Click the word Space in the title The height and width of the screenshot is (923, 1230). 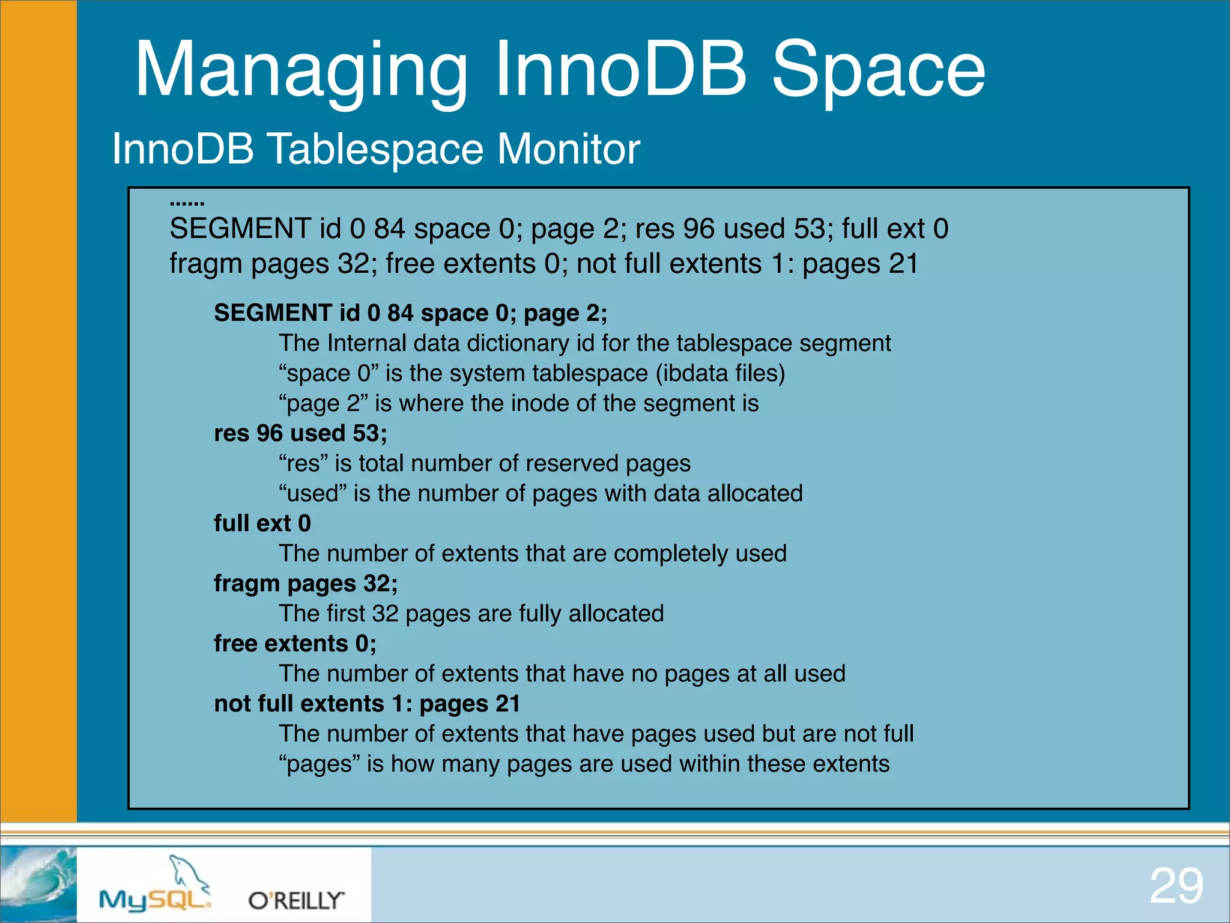tap(878, 69)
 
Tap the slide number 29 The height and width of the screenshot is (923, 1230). tap(1176, 886)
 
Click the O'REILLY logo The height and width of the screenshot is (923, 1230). tap(296, 900)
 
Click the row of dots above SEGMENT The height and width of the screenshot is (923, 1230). tap(187, 204)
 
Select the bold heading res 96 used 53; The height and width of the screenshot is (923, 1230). tap(300, 433)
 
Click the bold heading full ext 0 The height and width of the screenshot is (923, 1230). tap(262, 523)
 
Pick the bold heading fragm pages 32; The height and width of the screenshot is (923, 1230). tap(306, 583)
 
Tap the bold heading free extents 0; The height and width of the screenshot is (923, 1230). tap(295, 644)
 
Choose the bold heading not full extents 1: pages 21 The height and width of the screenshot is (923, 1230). tap(367, 704)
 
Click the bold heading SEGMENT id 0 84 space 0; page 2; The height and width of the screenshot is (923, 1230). tap(411, 313)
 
